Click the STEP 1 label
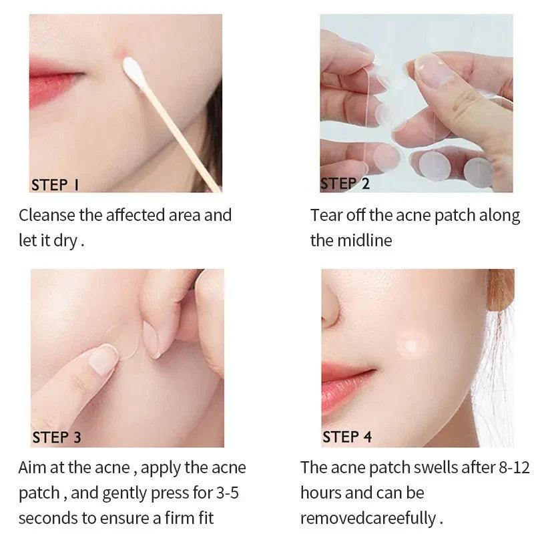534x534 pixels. click(55, 185)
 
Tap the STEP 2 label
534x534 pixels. click(345, 184)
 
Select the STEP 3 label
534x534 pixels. click(57, 437)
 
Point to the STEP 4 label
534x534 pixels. click(347, 437)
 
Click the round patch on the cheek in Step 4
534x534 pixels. click(412, 346)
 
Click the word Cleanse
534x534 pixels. click(47, 215)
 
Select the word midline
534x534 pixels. click(364, 240)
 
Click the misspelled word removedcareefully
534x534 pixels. click(368, 519)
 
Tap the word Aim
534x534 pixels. click(32, 468)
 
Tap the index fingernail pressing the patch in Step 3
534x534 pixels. click(103, 360)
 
